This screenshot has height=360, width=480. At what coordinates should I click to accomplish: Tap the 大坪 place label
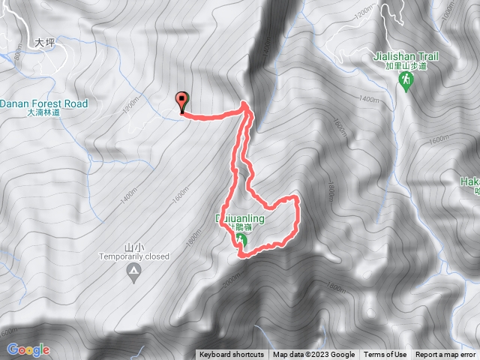pos(45,43)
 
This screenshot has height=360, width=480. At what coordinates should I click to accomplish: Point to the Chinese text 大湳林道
pos(43,112)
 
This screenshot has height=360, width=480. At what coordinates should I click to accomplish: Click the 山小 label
pos(133,247)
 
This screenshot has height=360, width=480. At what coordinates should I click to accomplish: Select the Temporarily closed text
pos(134,256)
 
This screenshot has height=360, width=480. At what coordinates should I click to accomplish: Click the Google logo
pos(28,349)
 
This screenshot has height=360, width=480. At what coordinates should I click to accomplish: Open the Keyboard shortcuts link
pos(231,355)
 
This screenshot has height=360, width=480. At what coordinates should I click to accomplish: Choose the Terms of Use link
pos(385,355)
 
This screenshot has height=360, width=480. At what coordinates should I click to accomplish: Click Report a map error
pos(445,355)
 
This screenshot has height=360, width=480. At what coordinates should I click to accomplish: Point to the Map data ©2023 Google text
pos(313,355)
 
